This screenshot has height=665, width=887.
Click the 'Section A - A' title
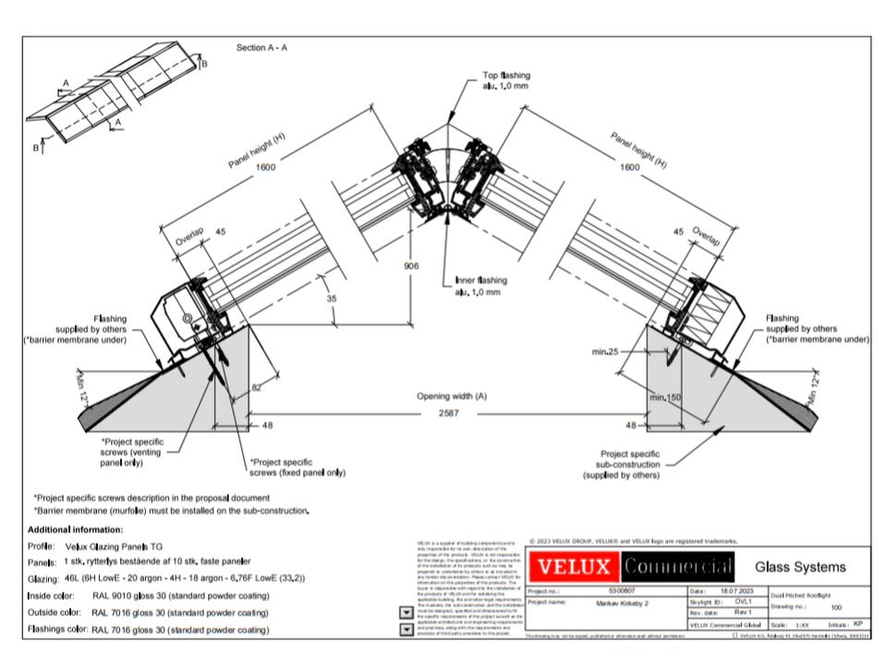click(261, 47)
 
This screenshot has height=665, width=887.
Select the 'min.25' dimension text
click(605, 352)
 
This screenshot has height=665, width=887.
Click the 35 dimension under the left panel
click(332, 299)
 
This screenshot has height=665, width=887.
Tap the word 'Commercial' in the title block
click(677, 565)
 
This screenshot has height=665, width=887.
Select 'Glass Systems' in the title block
click(800, 566)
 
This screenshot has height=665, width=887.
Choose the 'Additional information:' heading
click(75, 529)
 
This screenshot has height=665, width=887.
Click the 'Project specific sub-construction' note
click(628, 465)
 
